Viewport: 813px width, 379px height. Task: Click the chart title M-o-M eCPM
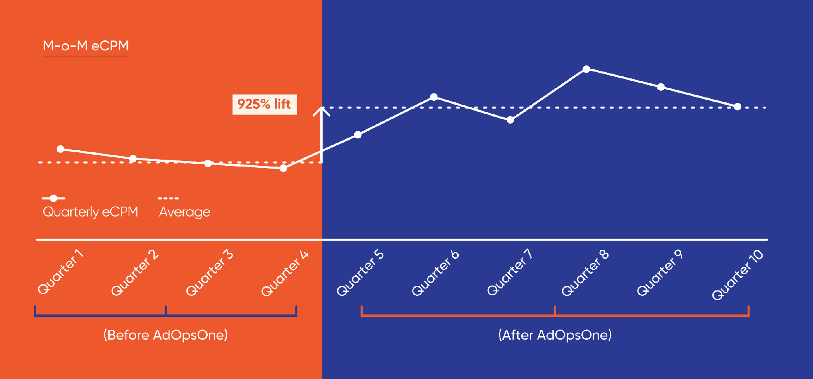[86, 46]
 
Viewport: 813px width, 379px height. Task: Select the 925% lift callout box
[264, 104]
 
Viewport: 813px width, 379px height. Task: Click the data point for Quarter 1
[61, 149]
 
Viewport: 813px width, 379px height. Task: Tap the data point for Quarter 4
[283, 168]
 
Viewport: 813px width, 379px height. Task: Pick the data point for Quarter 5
[358, 135]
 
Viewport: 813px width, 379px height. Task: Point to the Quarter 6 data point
[434, 97]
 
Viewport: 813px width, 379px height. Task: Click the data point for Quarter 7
[510, 120]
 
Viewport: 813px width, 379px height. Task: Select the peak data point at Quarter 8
[586, 69]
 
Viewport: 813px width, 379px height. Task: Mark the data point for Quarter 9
[661, 87]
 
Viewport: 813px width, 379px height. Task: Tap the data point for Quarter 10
[737, 106]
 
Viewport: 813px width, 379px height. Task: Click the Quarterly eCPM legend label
[90, 212]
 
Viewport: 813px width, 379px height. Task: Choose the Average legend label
[185, 212]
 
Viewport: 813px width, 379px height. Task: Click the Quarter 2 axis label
[135, 273]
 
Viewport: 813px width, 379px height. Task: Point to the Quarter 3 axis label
[209, 273]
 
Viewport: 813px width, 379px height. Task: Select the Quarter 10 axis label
[737, 275]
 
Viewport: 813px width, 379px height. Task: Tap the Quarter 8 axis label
[585, 273]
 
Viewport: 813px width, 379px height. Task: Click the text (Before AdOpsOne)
[165, 335]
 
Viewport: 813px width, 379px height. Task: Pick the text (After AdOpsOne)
[555, 335]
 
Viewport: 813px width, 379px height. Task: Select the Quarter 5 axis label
[360, 273]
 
